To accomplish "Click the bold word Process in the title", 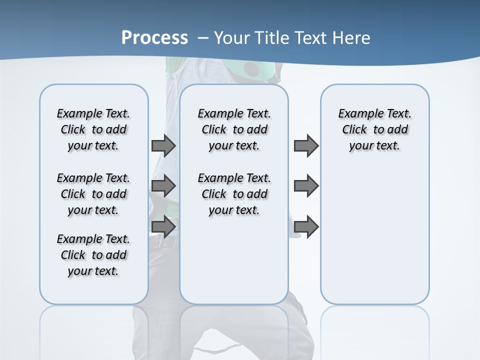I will pyautogui.click(x=154, y=38).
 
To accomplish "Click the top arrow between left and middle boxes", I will pyautogui.click(x=163, y=145).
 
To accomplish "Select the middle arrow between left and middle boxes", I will pyautogui.click(x=163, y=186).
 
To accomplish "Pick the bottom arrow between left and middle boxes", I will pyautogui.click(x=163, y=226).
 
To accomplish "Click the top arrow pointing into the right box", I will pyautogui.click(x=306, y=145).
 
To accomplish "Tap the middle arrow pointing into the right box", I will pyautogui.click(x=306, y=186).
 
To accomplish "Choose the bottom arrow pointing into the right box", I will pyautogui.click(x=306, y=226).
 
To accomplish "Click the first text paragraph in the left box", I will pyautogui.click(x=93, y=129).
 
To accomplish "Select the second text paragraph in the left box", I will pyautogui.click(x=93, y=194).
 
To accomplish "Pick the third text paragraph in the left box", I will pyautogui.click(x=93, y=255).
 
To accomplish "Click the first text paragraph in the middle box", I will pyautogui.click(x=234, y=129).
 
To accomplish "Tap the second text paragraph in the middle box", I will pyautogui.click(x=234, y=194).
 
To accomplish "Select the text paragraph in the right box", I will pyautogui.click(x=375, y=129).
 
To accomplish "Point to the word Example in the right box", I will pyautogui.click(x=356, y=114).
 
